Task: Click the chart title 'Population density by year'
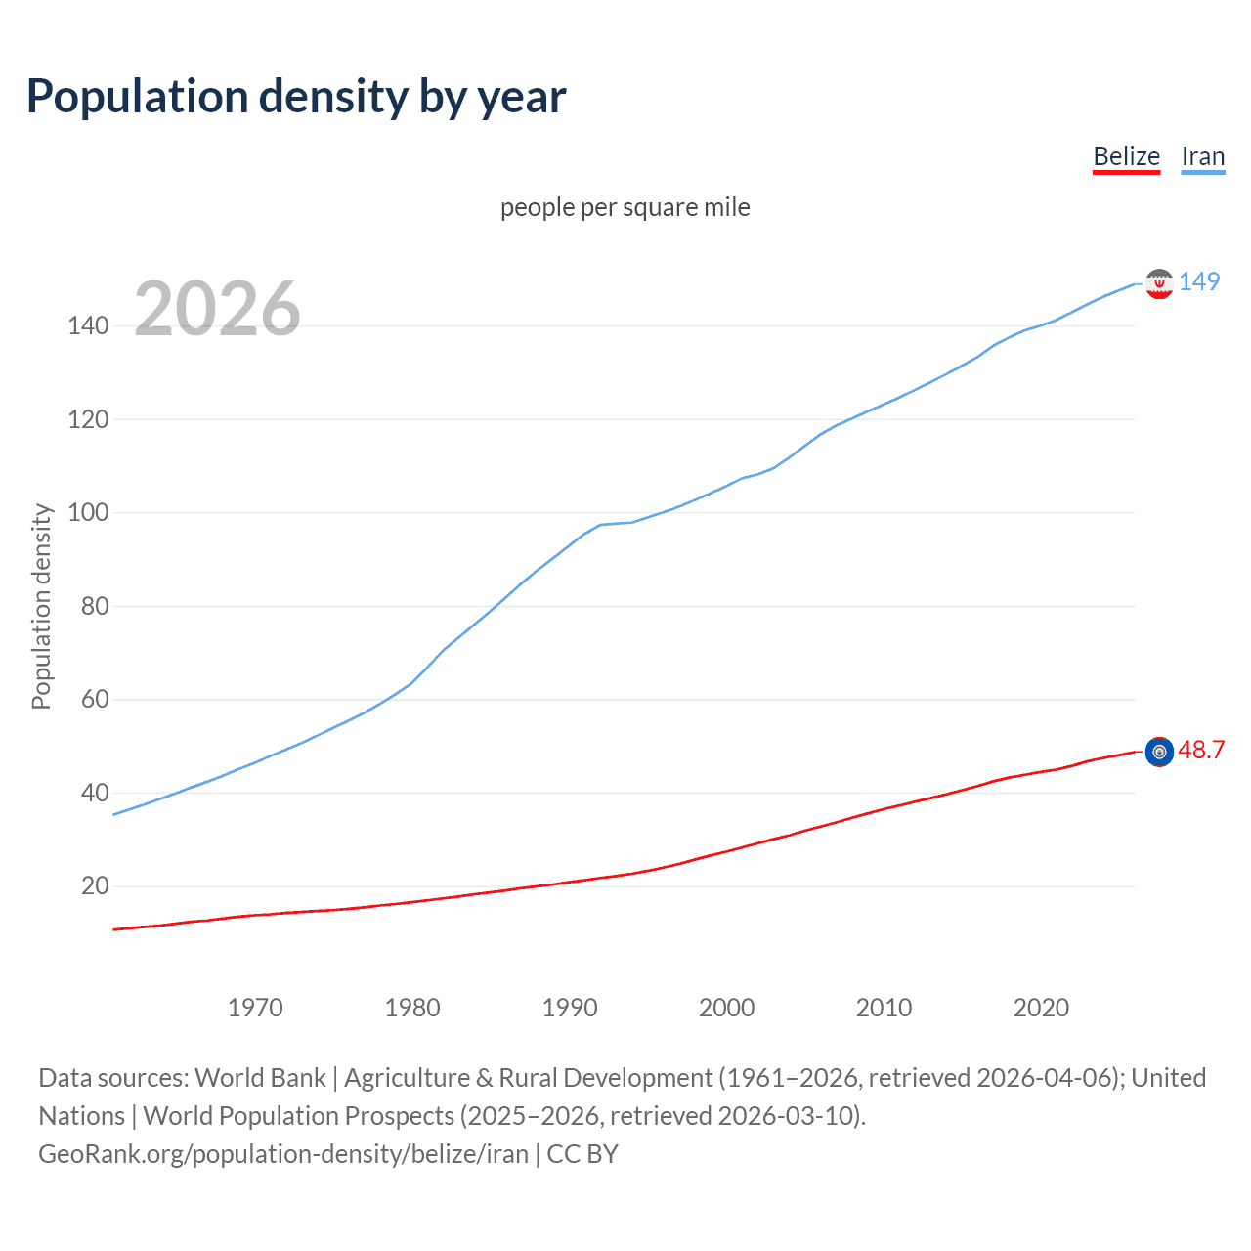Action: pos(296,97)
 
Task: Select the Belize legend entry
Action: pos(1126,156)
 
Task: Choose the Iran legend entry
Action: pos(1202,156)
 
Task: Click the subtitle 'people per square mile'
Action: pos(625,207)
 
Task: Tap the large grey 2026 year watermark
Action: pos(217,309)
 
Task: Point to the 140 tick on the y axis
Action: pos(88,325)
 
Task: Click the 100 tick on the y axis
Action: pos(88,512)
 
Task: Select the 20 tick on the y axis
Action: pos(95,885)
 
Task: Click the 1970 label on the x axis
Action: pos(255,1008)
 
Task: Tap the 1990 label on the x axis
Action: pos(570,1008)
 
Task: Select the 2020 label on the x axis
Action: pos(1041,1008)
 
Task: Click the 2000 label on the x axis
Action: pos(727,1008)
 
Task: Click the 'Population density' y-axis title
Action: pos(41,606)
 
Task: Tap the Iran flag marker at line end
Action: pos(1159,283)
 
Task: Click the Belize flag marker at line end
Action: pos(1159,752)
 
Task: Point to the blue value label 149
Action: pos(1199,281)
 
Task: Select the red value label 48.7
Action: pos(1201,750)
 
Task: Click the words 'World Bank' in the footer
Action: pos(260,1077)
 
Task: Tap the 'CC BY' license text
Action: pos(582,1153)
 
